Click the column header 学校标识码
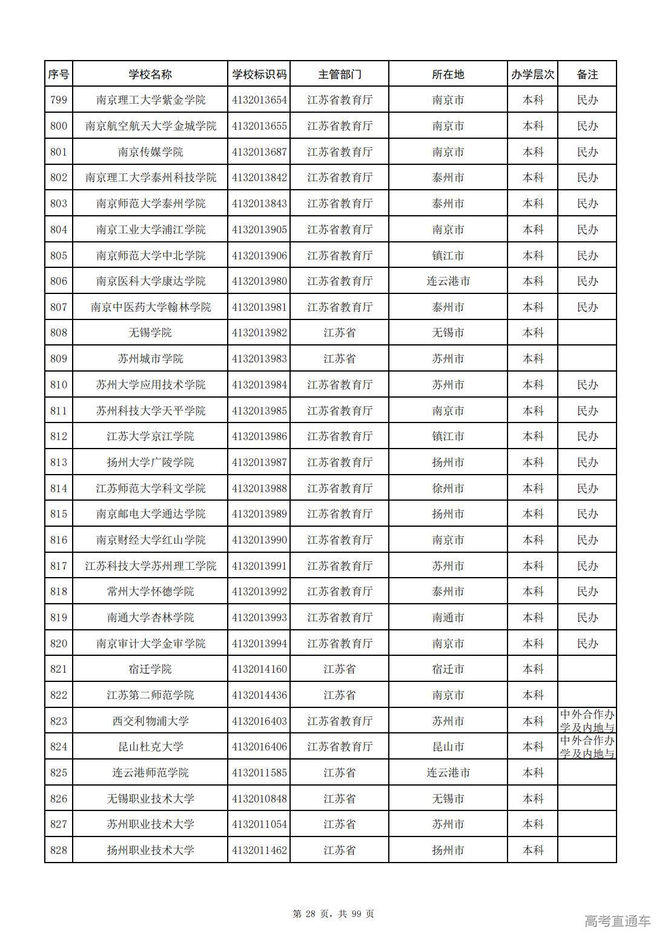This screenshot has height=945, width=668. click(x=259, y=74)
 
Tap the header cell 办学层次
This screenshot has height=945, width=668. click(x=532, y=74)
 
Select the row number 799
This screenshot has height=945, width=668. click(x=59, y=100)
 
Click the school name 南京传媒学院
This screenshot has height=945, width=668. click(x=150, y=152)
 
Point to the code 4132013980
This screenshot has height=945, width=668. click(x=259, y=281)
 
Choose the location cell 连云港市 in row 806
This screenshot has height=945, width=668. click(x=448, y=281)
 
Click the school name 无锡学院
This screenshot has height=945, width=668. click(x=150, y=333)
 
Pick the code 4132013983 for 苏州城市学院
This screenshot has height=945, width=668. click(x=259, y=359)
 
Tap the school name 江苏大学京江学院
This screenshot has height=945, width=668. click(x=150, y=436)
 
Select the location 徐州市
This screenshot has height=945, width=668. click(x=448, y=488)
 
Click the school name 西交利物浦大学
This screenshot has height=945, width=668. click(x=150, y=721)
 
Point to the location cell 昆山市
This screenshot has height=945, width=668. click(x=448, y=747)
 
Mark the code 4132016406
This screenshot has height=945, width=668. click(x=259, y=747)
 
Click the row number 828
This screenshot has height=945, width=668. click(x=59, y=850)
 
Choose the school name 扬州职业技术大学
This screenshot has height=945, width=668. click(x=150, y=850)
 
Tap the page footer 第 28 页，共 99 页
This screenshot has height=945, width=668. click(x=334, y=913)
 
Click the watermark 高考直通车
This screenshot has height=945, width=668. click(x=618, y=921)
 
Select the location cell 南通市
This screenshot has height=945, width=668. click(x=448, y=618)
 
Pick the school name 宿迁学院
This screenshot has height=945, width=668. click(x=150, y=669)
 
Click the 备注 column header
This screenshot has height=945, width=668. click(x=587, y=74)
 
